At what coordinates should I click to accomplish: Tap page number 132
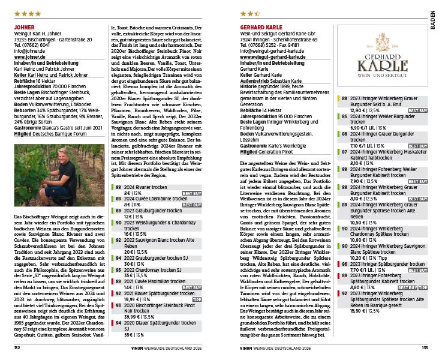[17, 347]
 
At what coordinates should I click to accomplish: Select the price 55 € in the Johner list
[129, 334]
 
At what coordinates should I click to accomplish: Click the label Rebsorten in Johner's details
[26, 110]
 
